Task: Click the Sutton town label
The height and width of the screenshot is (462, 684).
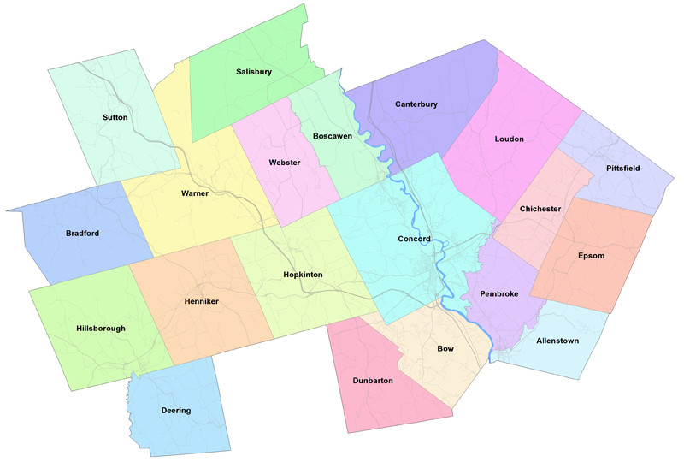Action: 115,116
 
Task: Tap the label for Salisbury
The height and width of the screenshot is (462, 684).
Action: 254,72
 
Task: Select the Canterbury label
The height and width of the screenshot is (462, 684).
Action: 416,104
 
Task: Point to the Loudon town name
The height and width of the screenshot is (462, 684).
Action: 509,139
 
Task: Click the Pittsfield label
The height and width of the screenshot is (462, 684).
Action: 622,168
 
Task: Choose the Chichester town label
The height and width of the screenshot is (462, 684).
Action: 540,209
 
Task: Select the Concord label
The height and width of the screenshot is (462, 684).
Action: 415,239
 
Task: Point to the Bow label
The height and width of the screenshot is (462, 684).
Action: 445,349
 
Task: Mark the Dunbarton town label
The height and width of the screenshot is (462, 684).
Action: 373,380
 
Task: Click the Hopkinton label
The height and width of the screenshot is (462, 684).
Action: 303,275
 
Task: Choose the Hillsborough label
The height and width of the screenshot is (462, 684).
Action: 101,328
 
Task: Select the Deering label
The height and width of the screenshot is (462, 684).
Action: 176,411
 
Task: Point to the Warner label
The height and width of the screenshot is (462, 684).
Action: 195,193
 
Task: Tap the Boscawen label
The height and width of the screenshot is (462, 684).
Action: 333,136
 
